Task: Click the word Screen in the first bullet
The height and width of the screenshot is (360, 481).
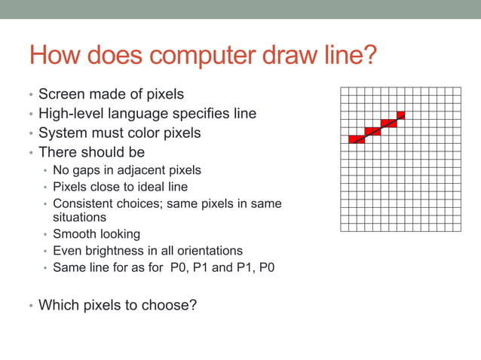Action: click(x=63, y=95)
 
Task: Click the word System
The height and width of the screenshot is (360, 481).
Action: click(x=63, y=133)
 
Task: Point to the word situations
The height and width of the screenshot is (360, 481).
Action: click(x=79, y=217)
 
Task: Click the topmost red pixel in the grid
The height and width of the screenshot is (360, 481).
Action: click(x=400, y=114)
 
